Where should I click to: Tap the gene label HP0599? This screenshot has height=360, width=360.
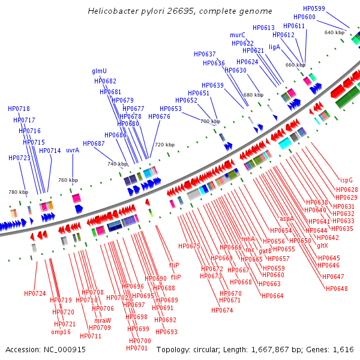(314, 8)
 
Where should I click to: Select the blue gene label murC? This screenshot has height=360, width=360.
(238, 35)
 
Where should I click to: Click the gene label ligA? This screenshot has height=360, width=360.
(275, 47)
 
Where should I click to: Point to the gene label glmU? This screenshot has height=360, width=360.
(100, 71)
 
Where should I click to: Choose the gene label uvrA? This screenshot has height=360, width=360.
(73, 151)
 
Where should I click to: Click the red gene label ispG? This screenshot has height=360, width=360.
(346, 180)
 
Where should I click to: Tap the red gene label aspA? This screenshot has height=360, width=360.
(286, 219)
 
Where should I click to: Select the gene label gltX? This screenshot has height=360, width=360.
(322, 245)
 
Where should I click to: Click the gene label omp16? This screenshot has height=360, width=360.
(61, 332)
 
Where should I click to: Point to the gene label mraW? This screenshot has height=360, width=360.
(103, 320)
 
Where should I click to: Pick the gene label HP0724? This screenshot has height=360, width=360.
(35, 293)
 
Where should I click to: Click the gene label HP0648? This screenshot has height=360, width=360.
(337, 289)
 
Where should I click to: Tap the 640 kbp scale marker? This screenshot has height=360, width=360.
(334, 32)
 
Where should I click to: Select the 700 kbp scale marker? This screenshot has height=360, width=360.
(210, 121)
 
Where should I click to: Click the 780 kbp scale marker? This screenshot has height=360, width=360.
(18, 192)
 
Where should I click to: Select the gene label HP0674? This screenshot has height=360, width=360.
(222, 310)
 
